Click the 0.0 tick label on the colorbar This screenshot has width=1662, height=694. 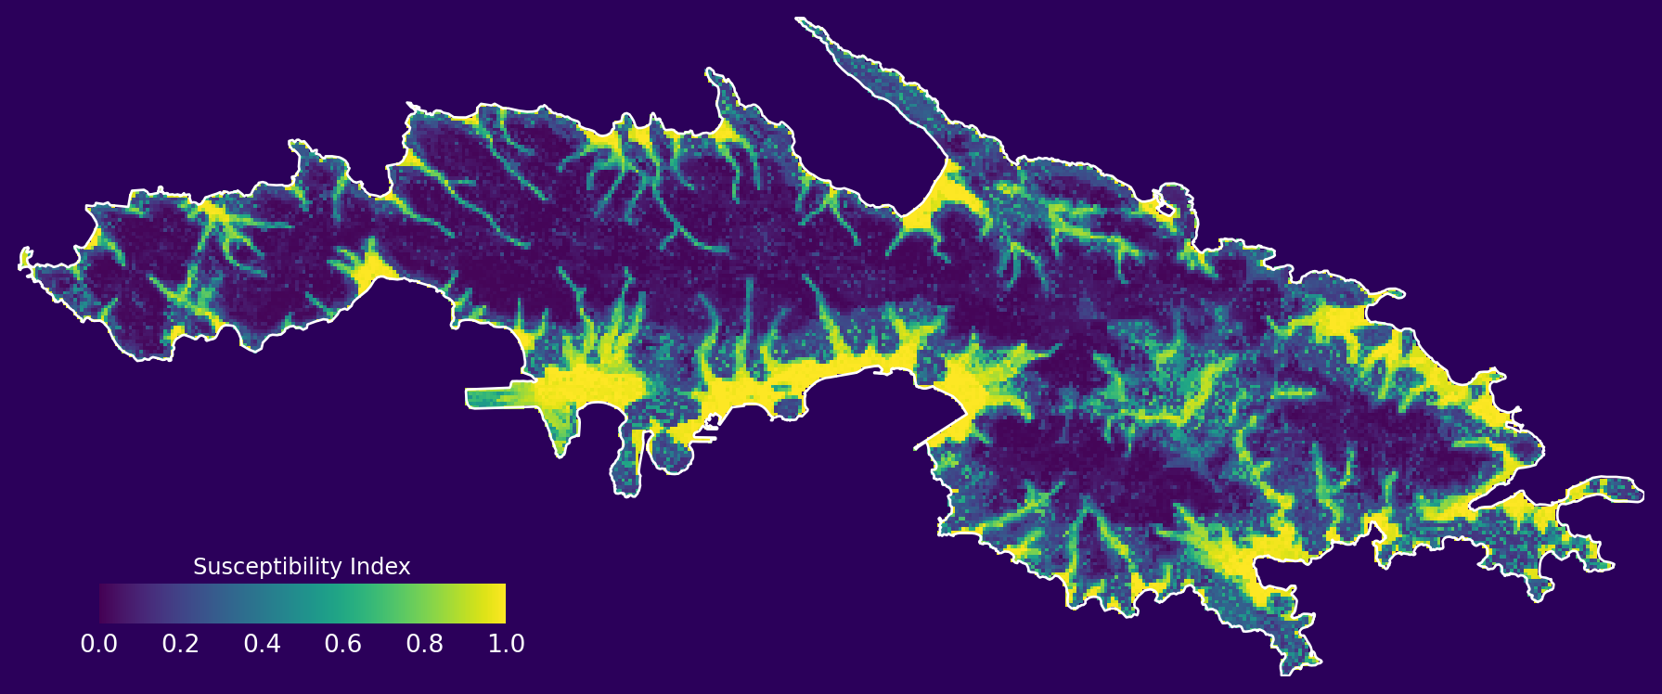(x=98, y=644)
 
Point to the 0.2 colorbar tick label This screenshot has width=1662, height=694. (x=180, y=644)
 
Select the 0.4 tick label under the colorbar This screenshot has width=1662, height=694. (x=262, y=644)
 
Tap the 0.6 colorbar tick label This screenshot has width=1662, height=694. (x=342, y=644)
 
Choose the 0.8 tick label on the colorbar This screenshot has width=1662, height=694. (x=424, y=644)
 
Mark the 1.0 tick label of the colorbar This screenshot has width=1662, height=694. (x=506, y=644)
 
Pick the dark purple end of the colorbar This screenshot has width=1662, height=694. (x=106, y=603)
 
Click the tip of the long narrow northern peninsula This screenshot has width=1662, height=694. (x=799, y=19)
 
